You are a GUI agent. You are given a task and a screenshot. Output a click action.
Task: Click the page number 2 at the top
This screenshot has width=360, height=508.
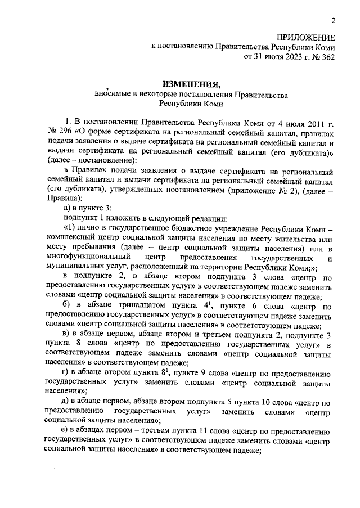tap(333, 21)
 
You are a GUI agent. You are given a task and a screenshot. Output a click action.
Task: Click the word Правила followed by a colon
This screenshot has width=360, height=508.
tap(59, 200)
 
